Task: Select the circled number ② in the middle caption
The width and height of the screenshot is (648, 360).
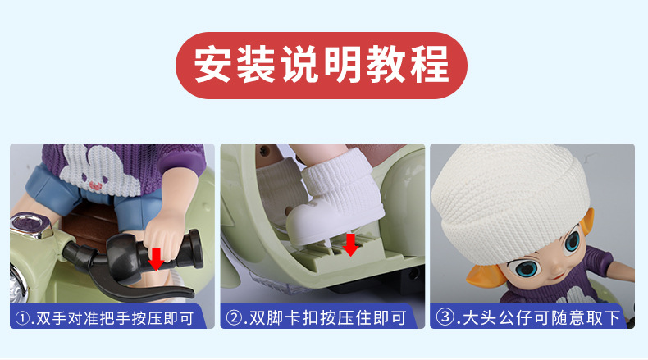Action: (236, 317)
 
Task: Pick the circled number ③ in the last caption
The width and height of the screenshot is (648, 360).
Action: (446, 317)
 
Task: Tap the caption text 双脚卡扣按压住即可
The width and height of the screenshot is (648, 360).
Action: (331, 317)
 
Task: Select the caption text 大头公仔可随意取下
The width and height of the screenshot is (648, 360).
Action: (541, 317)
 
